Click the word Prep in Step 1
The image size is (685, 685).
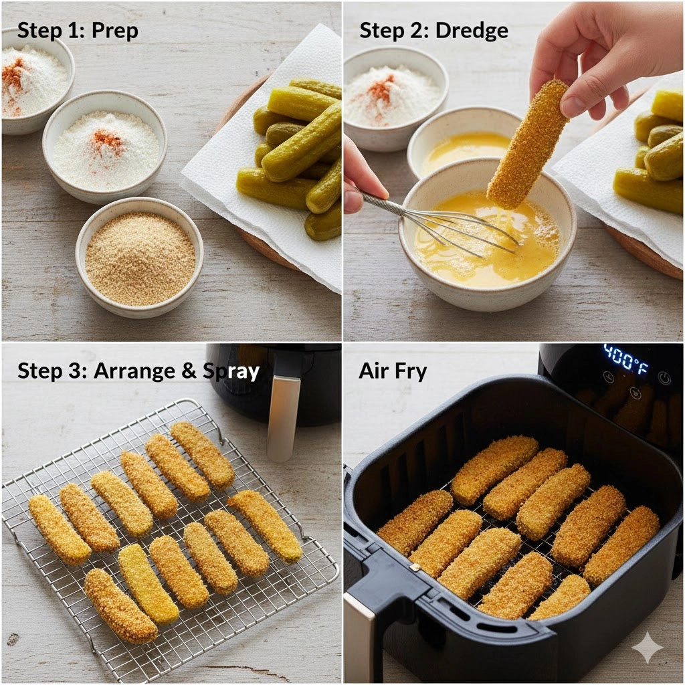[x=115, y=31]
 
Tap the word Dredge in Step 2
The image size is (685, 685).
[x=472, y=31]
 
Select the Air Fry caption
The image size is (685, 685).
[x=392, y=371]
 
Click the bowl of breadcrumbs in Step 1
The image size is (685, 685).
[x=139, y=257]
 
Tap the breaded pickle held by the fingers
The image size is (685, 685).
[x=527, y=144]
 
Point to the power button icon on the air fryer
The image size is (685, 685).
[x=664, y=378]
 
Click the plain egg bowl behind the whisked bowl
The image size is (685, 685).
[x=461, y=140]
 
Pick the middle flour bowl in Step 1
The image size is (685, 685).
[x=105, y=146]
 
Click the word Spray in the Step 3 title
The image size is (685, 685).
[x=231, y=371]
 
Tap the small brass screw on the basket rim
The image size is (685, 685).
[x=415, y=567]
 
